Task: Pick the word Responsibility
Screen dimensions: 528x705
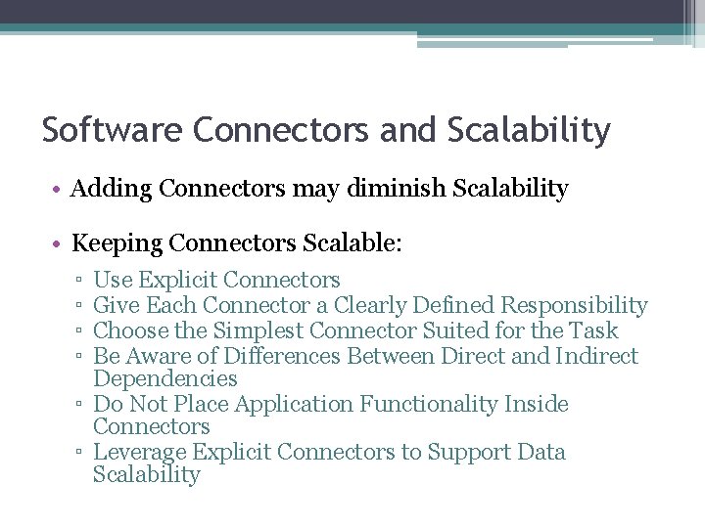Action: coord(574,306)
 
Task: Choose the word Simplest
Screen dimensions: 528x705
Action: coord(258,330)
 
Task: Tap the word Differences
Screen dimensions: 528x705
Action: coord(282,356)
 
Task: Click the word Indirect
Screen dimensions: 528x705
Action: coord(597,356)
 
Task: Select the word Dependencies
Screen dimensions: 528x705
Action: coord(164,379)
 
